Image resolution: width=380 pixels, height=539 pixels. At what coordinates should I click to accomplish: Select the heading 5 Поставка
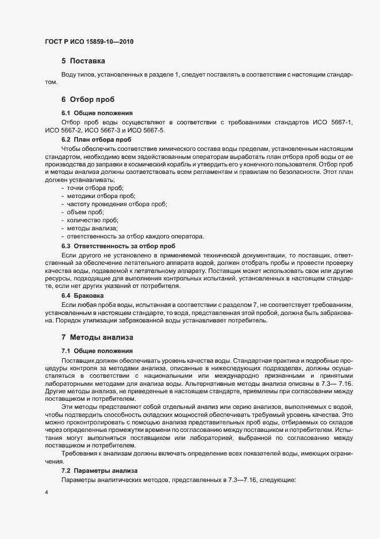coord(83,60)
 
